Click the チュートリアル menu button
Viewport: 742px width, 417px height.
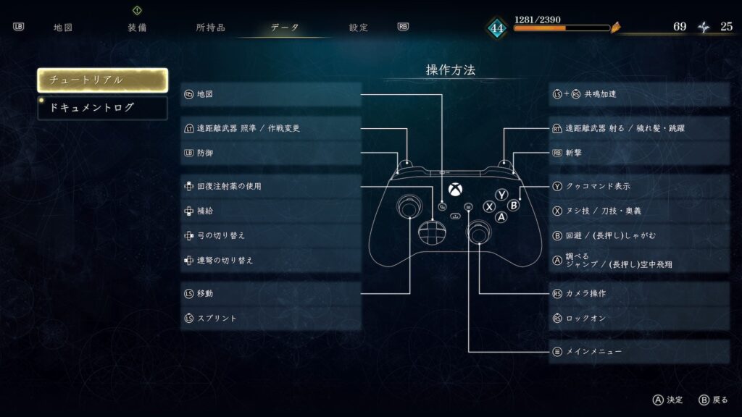click(103, 80)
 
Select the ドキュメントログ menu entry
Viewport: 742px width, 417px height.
click(103, 108)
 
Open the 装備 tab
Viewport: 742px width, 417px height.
click(137, 28)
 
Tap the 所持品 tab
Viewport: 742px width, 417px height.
click(211, 28)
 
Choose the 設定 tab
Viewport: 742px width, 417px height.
click(359, 28)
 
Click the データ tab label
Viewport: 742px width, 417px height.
click(285, 28)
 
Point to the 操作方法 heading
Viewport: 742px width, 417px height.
click(451, 70)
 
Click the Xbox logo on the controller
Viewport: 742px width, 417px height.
click(455, 190)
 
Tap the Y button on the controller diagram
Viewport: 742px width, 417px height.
click(501, 194)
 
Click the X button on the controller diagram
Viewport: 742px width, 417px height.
click(489, 206)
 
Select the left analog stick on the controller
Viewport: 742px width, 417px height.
click(410, 206)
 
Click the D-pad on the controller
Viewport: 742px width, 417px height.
click(432, 232)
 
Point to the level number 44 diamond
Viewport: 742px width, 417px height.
click(497, 28)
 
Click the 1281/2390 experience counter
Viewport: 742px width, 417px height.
click(537, 20)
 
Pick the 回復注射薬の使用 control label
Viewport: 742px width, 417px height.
click(229, 186)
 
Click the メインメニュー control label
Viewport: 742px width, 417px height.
click(594, 351)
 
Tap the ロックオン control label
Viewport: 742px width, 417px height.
click(585, 319)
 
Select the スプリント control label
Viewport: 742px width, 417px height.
click(217, 319)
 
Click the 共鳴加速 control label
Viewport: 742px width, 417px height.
click(601, 94)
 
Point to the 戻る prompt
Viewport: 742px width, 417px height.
click(720, 400)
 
